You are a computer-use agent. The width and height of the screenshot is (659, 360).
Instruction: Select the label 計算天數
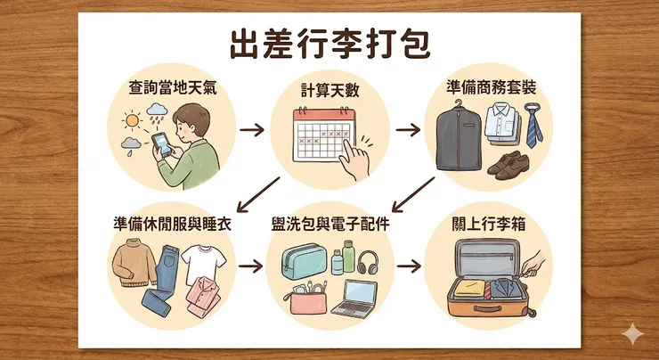click(329, 90)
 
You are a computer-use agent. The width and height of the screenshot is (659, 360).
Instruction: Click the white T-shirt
click(199, 261)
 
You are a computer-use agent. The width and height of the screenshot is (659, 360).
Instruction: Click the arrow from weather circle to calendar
click(253, 131)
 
